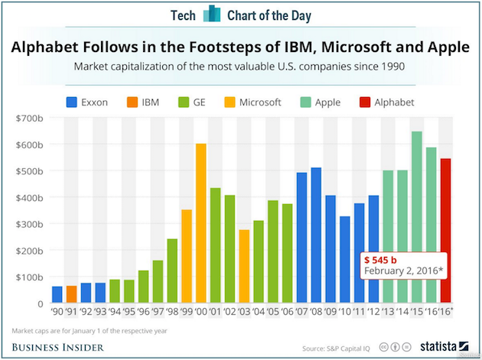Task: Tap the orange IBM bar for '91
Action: pyautogui.click(x=71, y=294)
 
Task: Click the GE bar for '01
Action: pyautogui.click(x=217, y=245)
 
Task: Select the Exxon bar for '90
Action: pyautogui.click(x=57, y=294)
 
